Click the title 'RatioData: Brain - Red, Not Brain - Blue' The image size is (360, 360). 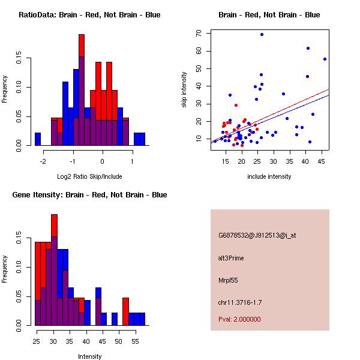pos(89,15)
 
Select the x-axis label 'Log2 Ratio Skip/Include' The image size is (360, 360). pos(89,176)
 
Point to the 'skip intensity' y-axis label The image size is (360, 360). pos(185,90)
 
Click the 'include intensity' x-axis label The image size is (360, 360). pos(269,176)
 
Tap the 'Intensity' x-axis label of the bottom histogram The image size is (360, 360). pos(90,356)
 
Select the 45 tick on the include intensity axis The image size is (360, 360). pos(322,161)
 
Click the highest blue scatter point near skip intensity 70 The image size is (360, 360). pos(262,35)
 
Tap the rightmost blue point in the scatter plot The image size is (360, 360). pos(325,59)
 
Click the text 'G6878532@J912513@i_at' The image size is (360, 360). pos(257,235)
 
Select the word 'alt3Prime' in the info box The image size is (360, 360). pos(231,258)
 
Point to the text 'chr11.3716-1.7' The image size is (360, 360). pos(239,302)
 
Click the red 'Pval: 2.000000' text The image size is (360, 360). pos(239,319)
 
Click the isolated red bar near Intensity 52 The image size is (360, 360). pos(126,311)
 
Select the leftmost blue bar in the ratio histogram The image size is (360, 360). pos(38,139)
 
